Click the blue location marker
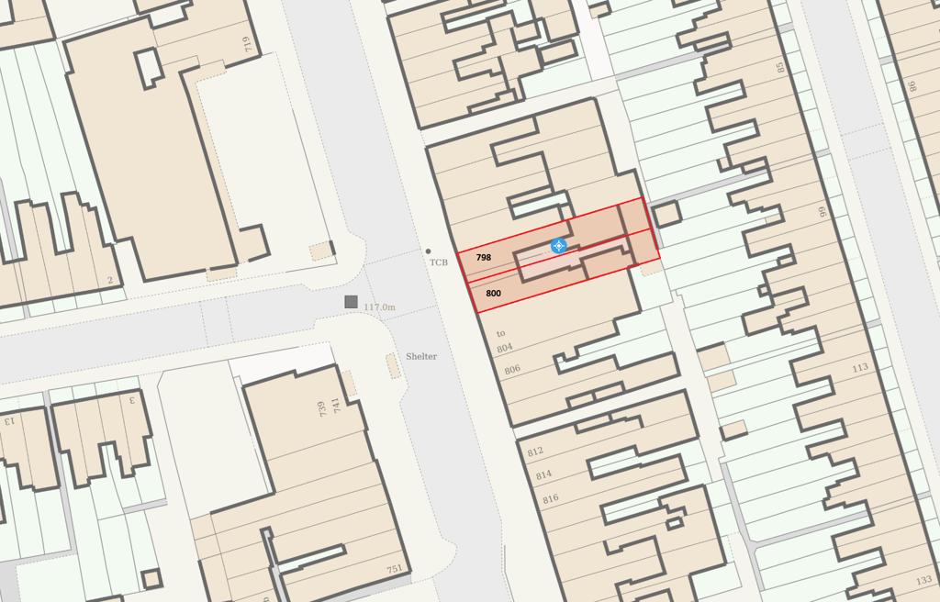pyautogui.click(x=558, y=246)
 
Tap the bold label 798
pyautogui.click(x=484, y=258)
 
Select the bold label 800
pyautogui.click(x=493, y=294)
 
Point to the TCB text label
pyautogui.click(x=439, y=262)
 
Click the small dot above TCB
pyautogui.click(x=428, y=251)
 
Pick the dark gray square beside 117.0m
pyautogui.click(x=351, y=302)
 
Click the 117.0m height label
pyautogui.click(x=379, y=307)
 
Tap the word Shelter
pyautogui.click(x=421, y=356)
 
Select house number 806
pyautogui.click(x=512, y=370)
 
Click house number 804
pyautogui.click(x=504, y=349)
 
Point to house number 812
pyautogui.click(x=535, y=452)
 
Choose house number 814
pyautogui.click(x=543, y=475)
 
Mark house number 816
pyautogui.click(x=551, y=499)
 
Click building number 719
pyautogui.click(x=246, y=43)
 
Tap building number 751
pyautogui.click(x=394, y=570)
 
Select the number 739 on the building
pyautogui.click(x=322, y=409)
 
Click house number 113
pyautogui.click(x=859, y=368)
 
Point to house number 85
pyautogui.click(x=781, y=67)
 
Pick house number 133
pyautogui.click(x=923, y=580)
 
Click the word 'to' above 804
pyautogui.click(x=501, y=333)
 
